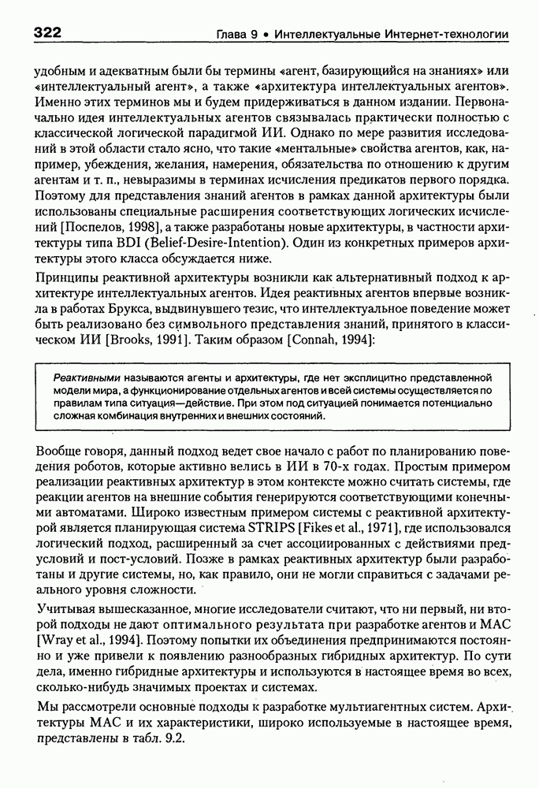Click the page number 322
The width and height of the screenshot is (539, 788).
(48, 33)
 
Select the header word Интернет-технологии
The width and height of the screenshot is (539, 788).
(445, 35)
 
